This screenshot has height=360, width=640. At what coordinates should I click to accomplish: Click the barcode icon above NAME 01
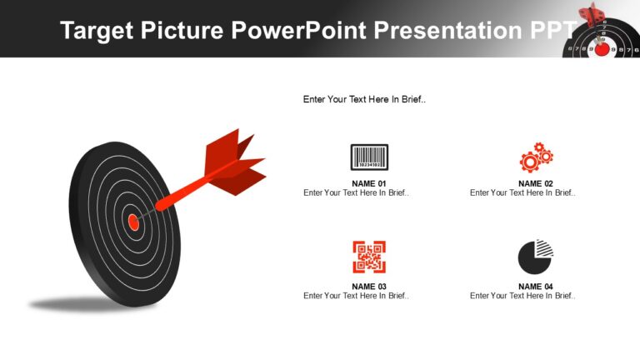pos(369,157)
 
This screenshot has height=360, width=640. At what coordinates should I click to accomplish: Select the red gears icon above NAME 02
pos(536,157)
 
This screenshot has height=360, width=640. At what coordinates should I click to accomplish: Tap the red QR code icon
pos(369,257)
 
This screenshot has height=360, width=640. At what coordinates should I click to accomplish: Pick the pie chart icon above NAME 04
pos(536,257)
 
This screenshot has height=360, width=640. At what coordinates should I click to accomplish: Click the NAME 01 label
pos(369,183)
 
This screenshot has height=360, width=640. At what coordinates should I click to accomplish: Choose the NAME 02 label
pos(536,183)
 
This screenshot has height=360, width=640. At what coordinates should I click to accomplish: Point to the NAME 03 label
pos(369,287)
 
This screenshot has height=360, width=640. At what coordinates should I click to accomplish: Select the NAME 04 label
pos(536,287)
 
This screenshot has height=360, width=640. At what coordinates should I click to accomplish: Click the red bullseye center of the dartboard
pos(132,222)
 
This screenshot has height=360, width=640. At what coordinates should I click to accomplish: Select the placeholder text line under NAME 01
pos(357,193)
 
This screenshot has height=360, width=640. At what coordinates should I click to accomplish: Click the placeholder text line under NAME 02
pos(523,193)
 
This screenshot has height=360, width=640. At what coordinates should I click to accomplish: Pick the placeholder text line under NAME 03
pos(357,296)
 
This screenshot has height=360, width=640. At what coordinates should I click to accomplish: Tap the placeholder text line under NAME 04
pos(523,296)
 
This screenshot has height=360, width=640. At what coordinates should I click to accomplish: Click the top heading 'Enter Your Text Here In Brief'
pos(365,99)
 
